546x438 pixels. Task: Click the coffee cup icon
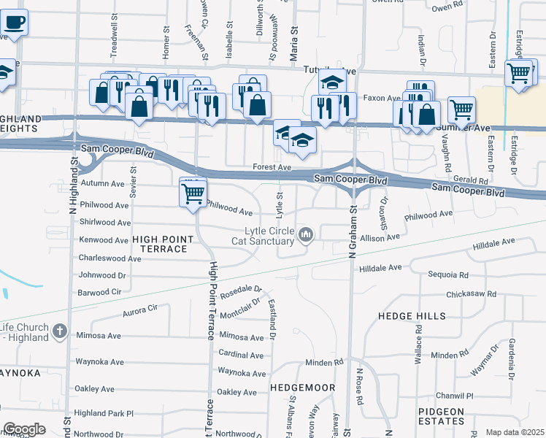pyautogui.click(x=14, y=22)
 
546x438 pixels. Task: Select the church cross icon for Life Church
pyautogui.click(x=61, y=333)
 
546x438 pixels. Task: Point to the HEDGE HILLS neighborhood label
pyautogui.click(x=412, y=316)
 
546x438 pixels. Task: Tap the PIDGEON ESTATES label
pyautogui.click(x=441, y=416)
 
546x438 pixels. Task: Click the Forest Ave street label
pyautogui.click(x=273, y=167)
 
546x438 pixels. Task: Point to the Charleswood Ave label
pyautogui.click(x=109, y=258)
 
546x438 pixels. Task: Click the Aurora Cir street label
pyautogui.click(x=140, y=309)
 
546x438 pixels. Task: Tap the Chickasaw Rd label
pyautogui.click(x=471, y=294)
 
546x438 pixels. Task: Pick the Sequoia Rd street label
pyautogui.click(x=448, y=274)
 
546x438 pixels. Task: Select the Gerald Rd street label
pyautogui.click(x=469, y=180)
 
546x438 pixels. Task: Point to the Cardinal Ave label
pyautogui.click(x=242, y=353)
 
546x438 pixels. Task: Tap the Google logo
pyautogui.click(x=24, y=429)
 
